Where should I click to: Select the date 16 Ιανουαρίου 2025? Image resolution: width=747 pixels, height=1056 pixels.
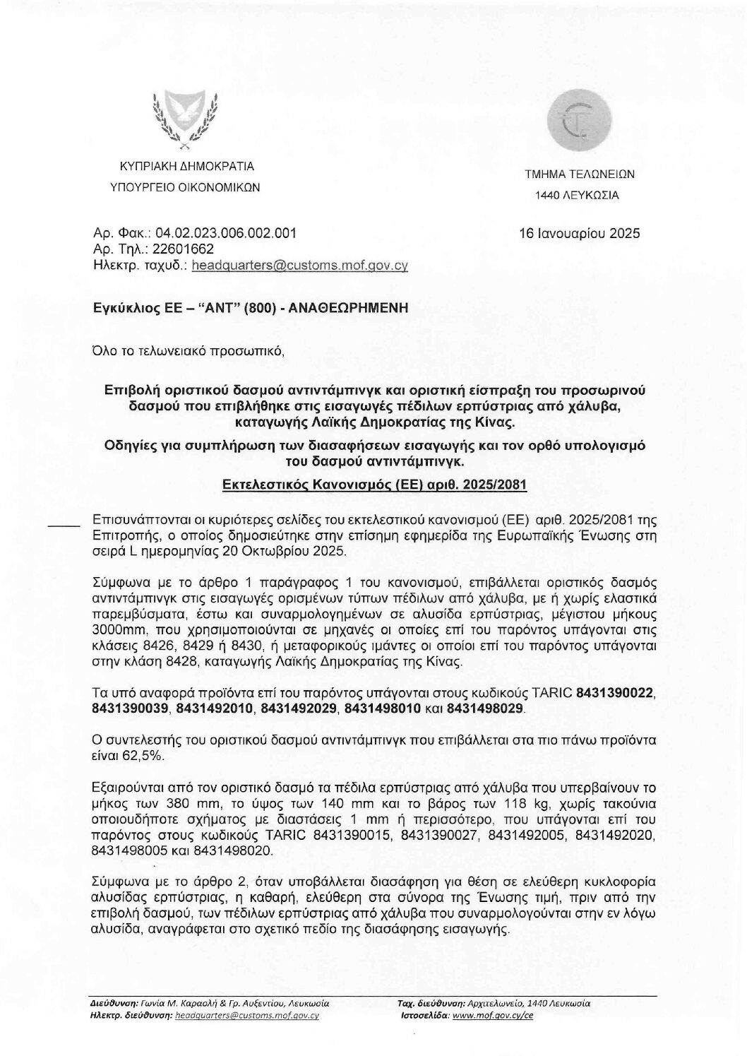tap(579, 233)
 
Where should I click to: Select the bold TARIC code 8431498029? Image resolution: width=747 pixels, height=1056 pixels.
tap(486, 708)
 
